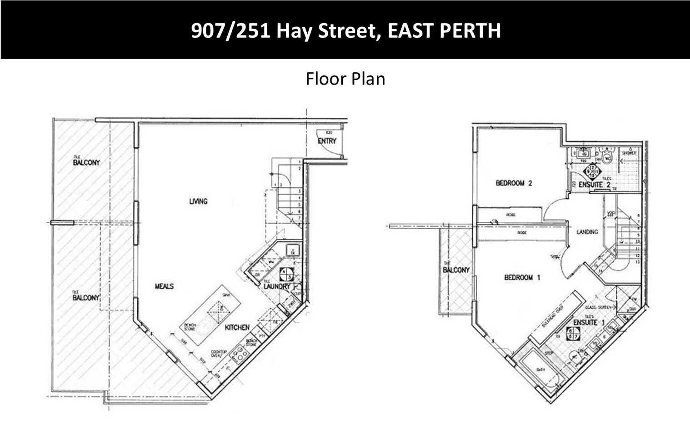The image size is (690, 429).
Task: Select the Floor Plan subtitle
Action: pos(345,79)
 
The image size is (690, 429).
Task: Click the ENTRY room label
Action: pos(327,141)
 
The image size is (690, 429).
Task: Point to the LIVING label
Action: pos(198,201)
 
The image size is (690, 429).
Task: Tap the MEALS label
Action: pos(164,286)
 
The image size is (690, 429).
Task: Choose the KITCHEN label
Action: pos(237,327)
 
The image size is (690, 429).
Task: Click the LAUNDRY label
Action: pos(276,287)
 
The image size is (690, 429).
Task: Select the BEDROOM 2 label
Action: pos(514,183)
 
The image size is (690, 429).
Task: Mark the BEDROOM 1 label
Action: pos(522,277)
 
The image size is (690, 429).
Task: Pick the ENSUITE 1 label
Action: pos(589,323)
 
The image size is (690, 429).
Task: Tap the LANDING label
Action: pos(587,232)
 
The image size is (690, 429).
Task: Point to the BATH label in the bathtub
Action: pos(540,370)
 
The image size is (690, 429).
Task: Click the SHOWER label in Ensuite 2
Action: pos(629,153)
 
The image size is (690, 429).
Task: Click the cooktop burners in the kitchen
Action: pos(238,354)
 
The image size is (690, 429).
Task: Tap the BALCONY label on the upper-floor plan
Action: pos(456,270)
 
